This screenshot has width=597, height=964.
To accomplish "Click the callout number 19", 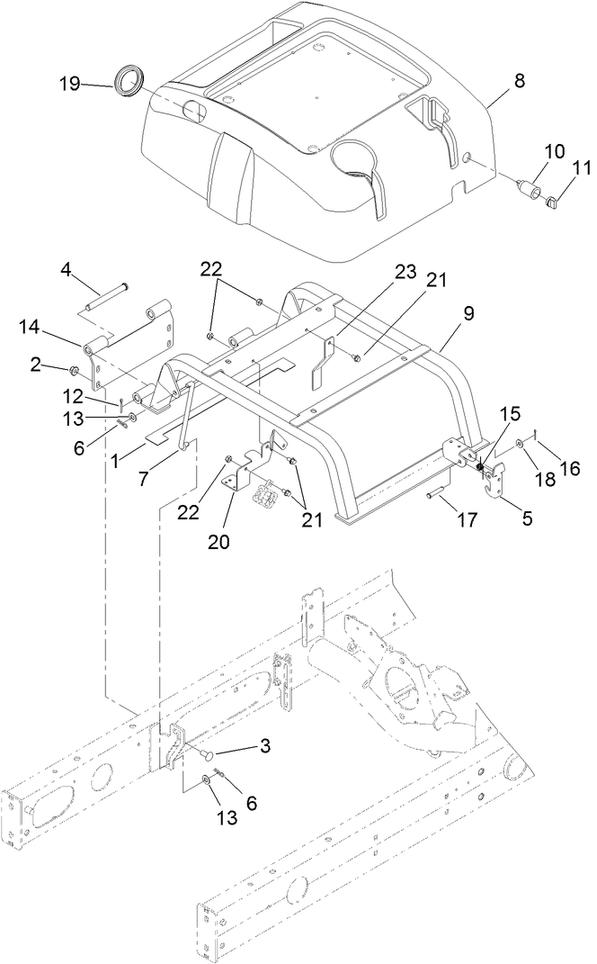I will click(x=70, y=85).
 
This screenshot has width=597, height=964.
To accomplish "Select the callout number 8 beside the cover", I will click(x=519, y=80).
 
